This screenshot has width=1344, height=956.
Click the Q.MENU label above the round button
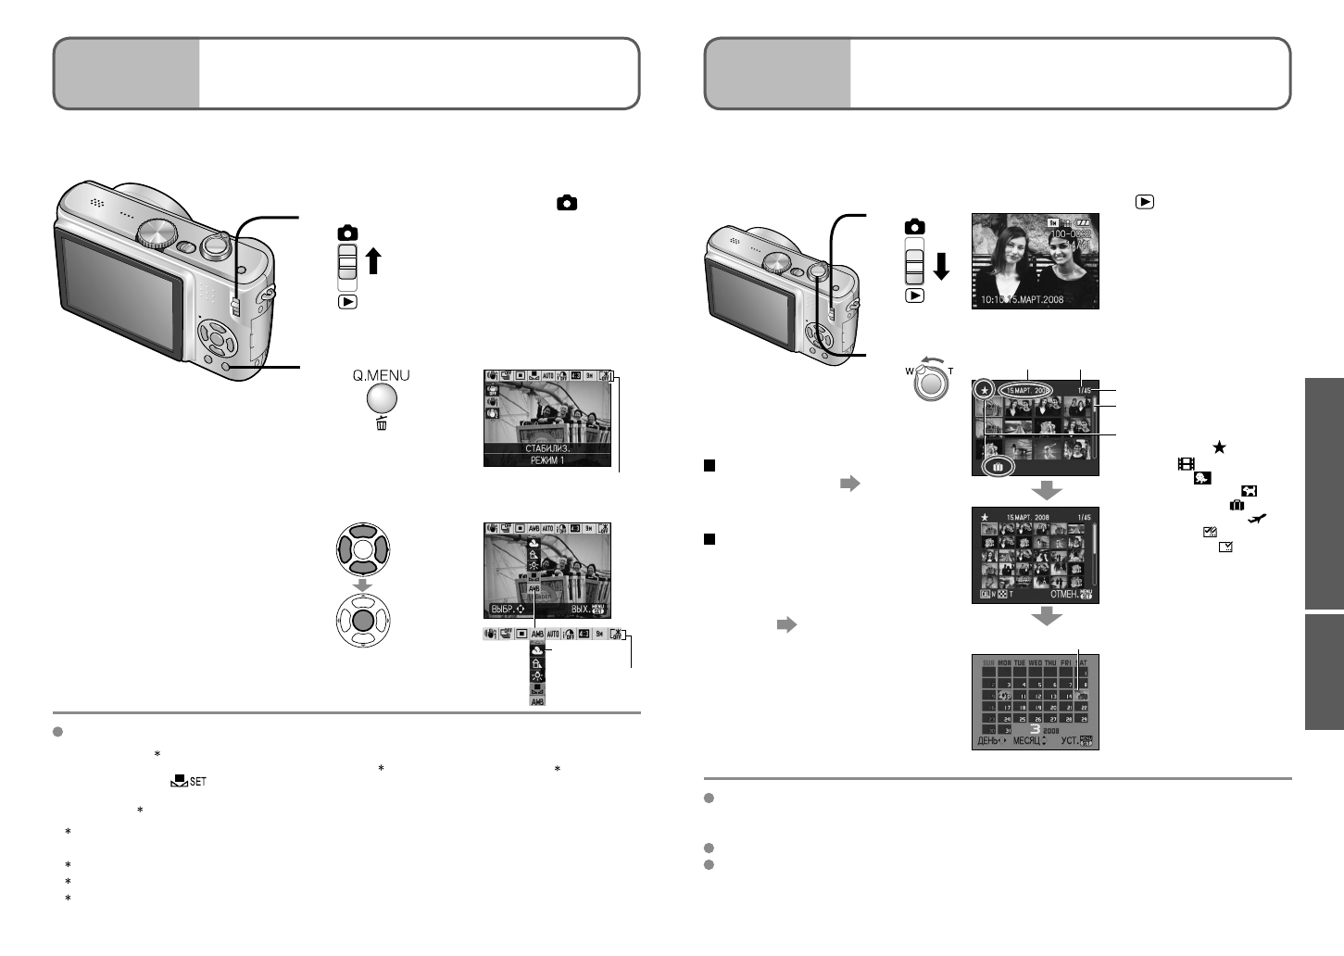coord(381,375)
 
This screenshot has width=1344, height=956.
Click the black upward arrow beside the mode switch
coord(373,261)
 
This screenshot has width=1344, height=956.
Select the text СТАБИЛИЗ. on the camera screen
coord(547,448)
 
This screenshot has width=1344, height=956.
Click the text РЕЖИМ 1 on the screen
coord(547,460)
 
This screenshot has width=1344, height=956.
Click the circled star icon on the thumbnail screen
coord(985,392)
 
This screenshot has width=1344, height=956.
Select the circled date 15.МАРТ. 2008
coord(1028,391)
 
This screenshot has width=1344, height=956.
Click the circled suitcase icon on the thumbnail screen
coord(998,468)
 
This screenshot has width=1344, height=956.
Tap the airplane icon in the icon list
coord(1257,520)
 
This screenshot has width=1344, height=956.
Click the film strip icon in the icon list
coord(1186,463)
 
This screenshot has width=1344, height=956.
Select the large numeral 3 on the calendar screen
coord(1035,728)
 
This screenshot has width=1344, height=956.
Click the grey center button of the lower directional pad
coord(363,620)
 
